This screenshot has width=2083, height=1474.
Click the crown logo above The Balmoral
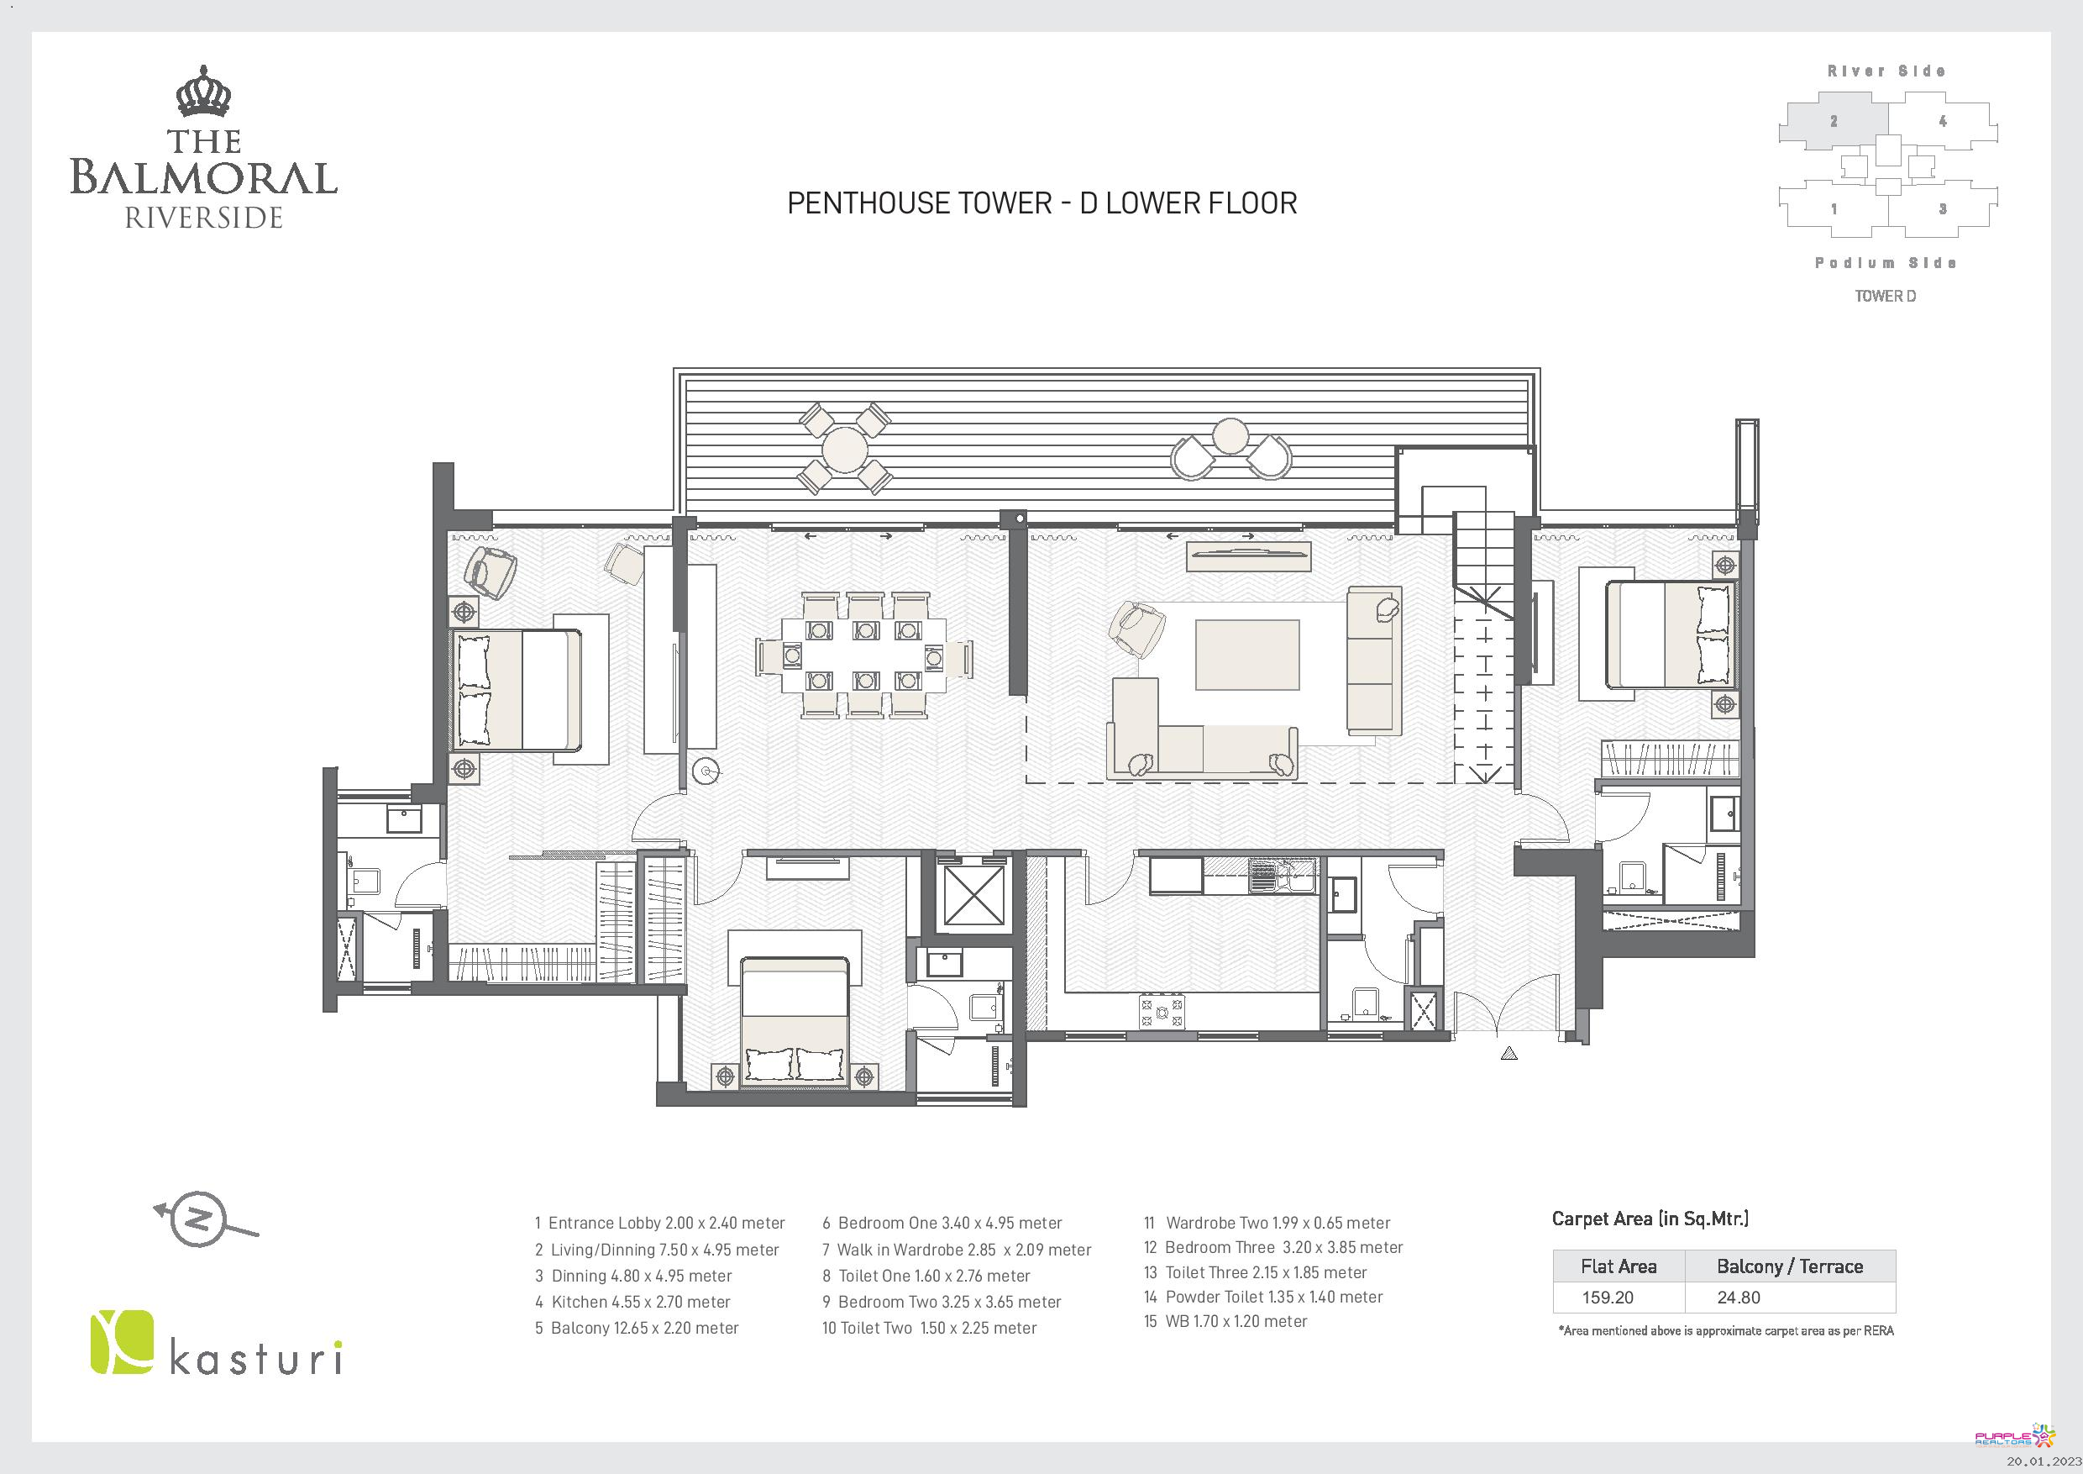click(204, 92)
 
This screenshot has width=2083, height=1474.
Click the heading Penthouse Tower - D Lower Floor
click(1041, 203)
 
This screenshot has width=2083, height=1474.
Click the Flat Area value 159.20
click(1608, 1297)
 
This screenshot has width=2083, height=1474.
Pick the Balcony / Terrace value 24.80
click(1739, 1297)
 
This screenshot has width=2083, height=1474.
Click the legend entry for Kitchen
click(632, 1302)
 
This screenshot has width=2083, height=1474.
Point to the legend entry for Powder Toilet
click(1263, 1297)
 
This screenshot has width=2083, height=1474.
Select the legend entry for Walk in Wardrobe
click(958, 1250)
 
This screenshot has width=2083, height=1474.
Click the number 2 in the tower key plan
click(1834, 121)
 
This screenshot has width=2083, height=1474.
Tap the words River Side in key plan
click(1886, 71)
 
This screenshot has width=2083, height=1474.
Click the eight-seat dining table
click(864, 655)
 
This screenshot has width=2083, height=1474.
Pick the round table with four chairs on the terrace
click(845, 450)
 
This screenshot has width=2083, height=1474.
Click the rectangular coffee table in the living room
click(1246, 655)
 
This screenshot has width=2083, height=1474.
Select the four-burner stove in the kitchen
click(1162, 1012)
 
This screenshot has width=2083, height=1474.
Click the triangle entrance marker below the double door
click(1508, 1053)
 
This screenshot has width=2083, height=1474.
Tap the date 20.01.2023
click(2042, 1461)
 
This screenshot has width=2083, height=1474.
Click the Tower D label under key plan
click(1886, 296)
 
